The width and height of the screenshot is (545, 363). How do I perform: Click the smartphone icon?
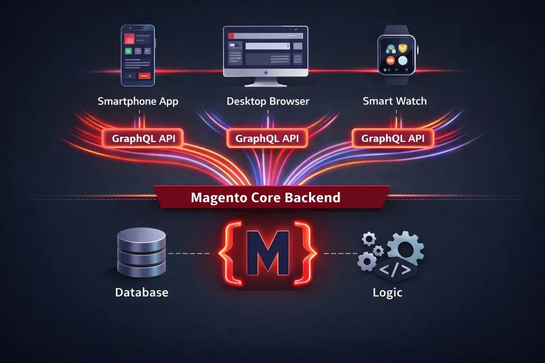pos(138,55)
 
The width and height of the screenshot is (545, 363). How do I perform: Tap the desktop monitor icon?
pos(266,56)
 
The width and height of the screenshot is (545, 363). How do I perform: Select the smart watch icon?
pos(397,55)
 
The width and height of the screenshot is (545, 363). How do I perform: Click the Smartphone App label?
pos(138,102)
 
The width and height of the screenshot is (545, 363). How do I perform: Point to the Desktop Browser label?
pos(268,102)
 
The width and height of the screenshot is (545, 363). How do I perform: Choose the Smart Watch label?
pos(395,101)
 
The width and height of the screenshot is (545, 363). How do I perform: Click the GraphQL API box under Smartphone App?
pos(143,139)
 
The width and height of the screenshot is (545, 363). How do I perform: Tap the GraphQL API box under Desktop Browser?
pos(267,139)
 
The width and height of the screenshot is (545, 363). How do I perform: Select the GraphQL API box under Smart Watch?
pos(393,139)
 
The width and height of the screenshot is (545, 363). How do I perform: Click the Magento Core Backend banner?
pos(271,197)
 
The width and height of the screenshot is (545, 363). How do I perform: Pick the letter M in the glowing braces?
pos(268,253)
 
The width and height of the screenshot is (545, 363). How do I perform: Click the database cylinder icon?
pos(142,252)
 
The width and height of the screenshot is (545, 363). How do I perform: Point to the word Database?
pos(142,292)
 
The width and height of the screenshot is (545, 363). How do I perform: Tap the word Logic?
pos(387,292)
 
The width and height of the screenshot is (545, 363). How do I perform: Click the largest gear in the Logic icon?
pos(405,248)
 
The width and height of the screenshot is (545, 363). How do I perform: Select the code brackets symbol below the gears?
pos(395,269)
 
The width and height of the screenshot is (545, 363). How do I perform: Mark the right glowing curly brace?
pos(305,254)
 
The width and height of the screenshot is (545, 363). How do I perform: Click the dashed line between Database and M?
pos(189,254)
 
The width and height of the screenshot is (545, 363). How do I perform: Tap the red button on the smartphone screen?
pos(144,75)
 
